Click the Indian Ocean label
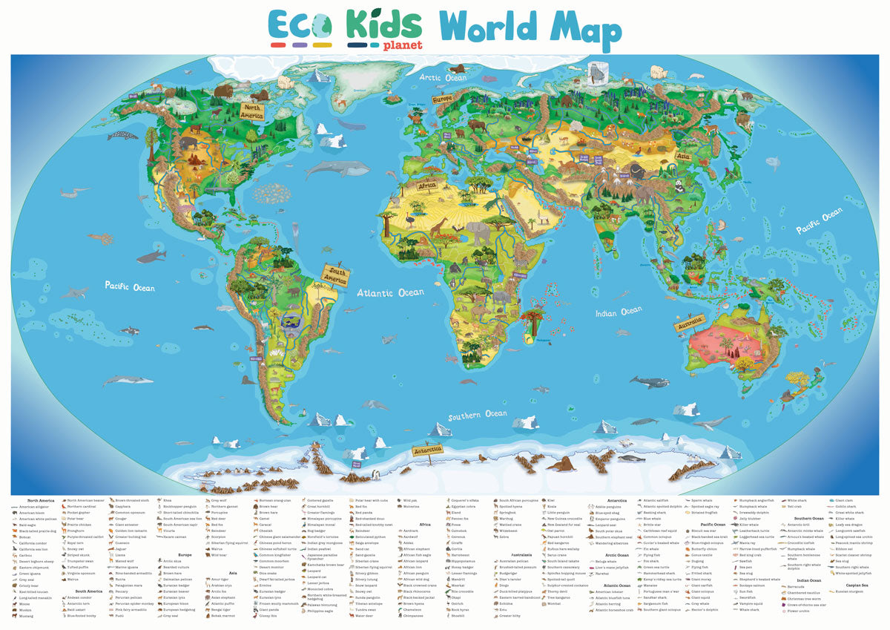pyautogui.click(x=619, y=312)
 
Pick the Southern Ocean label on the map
pyautogui.click(x=478, y=415)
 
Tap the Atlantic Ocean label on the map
pyautogui.click(x=390, y=293)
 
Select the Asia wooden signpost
pyautogui.click(x=684, y=157)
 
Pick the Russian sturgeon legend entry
pyautogui.click(x=853, y=591)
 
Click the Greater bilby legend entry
pyautogui.click(x=512, y=615)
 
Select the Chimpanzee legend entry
pyautogui.click(x=415, y=615)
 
